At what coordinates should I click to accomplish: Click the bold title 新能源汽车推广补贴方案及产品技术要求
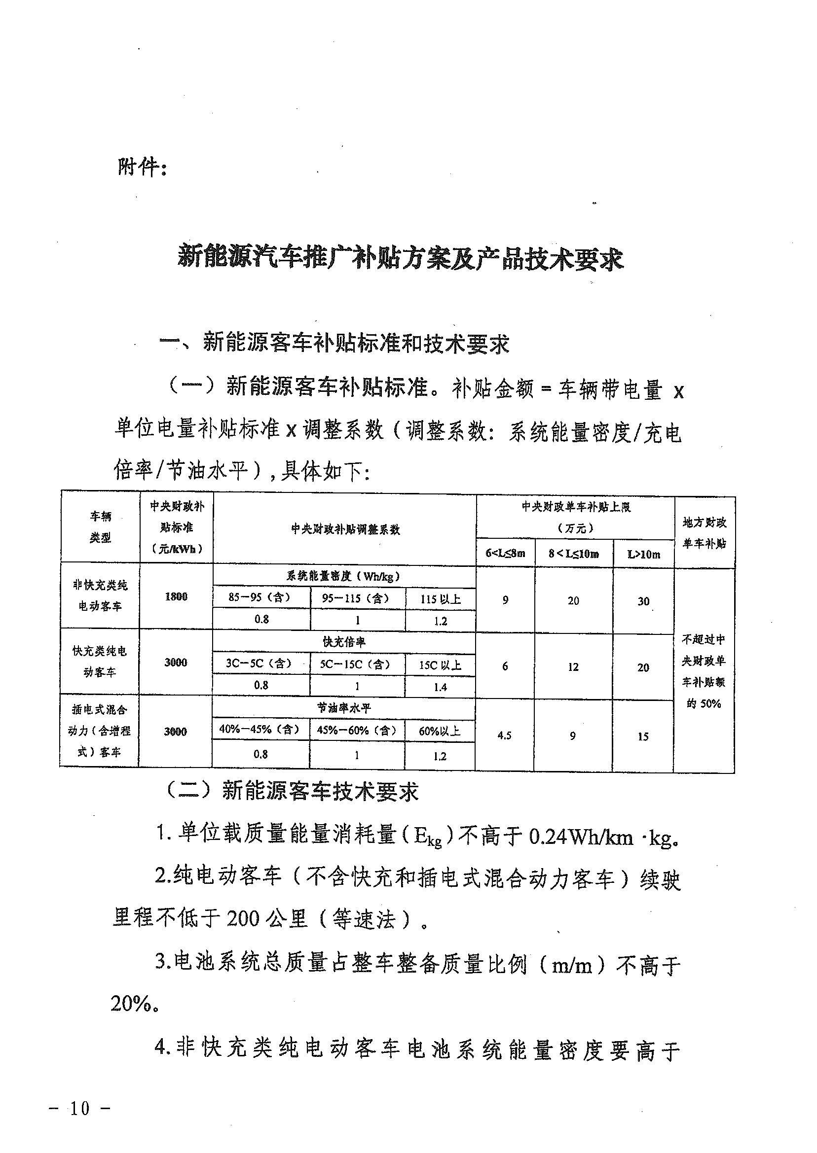coord(401,258)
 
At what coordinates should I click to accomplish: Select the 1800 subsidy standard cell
coord(176,596)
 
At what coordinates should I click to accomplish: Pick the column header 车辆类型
coord(100,527)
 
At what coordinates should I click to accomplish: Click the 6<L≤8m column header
coord(505,554)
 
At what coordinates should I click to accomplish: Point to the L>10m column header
coord(643,555)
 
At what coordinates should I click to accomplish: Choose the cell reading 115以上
coord(440,599)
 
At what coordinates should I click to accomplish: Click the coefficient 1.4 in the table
coord(440,687)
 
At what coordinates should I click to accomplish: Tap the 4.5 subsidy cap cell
coord(504,735)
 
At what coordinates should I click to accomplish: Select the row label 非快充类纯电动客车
coord(100,595)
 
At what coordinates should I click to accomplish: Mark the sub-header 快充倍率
coord(344,642)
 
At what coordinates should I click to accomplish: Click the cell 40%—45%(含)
coord(260,729)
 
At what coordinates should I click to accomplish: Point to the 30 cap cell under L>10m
coord(643,601)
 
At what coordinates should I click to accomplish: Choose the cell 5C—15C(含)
coord(356,664)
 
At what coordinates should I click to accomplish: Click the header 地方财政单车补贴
coord(705,533)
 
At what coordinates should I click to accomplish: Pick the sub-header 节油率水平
coord(344,708)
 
